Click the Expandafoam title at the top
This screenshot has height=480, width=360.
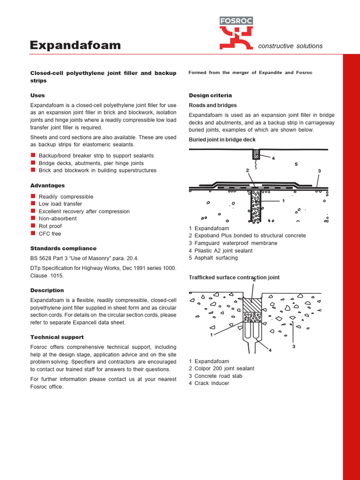[x=75, y=45]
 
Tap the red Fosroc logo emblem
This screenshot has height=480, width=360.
[x=236, y=37]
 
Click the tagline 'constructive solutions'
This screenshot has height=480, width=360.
[x=290, y=46]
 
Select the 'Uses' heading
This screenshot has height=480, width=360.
[x=37, y=95]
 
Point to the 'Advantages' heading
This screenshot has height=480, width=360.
[x=47, y=186]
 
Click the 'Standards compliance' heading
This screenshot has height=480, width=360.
[x=63, y=248]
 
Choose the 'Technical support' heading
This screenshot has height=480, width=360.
[x=57, y=337]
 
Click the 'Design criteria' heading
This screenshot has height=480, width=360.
[x=210, y=95]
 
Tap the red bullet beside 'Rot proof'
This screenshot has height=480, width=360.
[x=33, y=226]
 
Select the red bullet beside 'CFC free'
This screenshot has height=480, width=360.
[x=33, y=233]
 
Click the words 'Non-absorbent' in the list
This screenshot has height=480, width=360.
[x=58, y=218]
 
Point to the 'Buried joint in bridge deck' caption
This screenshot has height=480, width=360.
[x=222, y=140]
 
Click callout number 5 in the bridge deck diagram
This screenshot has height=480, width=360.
[x=296, y=164]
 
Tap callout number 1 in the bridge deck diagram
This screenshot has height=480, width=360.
[x=284, y=201]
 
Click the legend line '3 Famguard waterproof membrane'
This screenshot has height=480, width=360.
[x=233, y=243]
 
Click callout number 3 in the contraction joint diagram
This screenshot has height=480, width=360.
[x=294, y=346]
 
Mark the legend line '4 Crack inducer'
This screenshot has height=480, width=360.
[x=209, y=383]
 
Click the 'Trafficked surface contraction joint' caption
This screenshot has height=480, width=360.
[x=234, y=277]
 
